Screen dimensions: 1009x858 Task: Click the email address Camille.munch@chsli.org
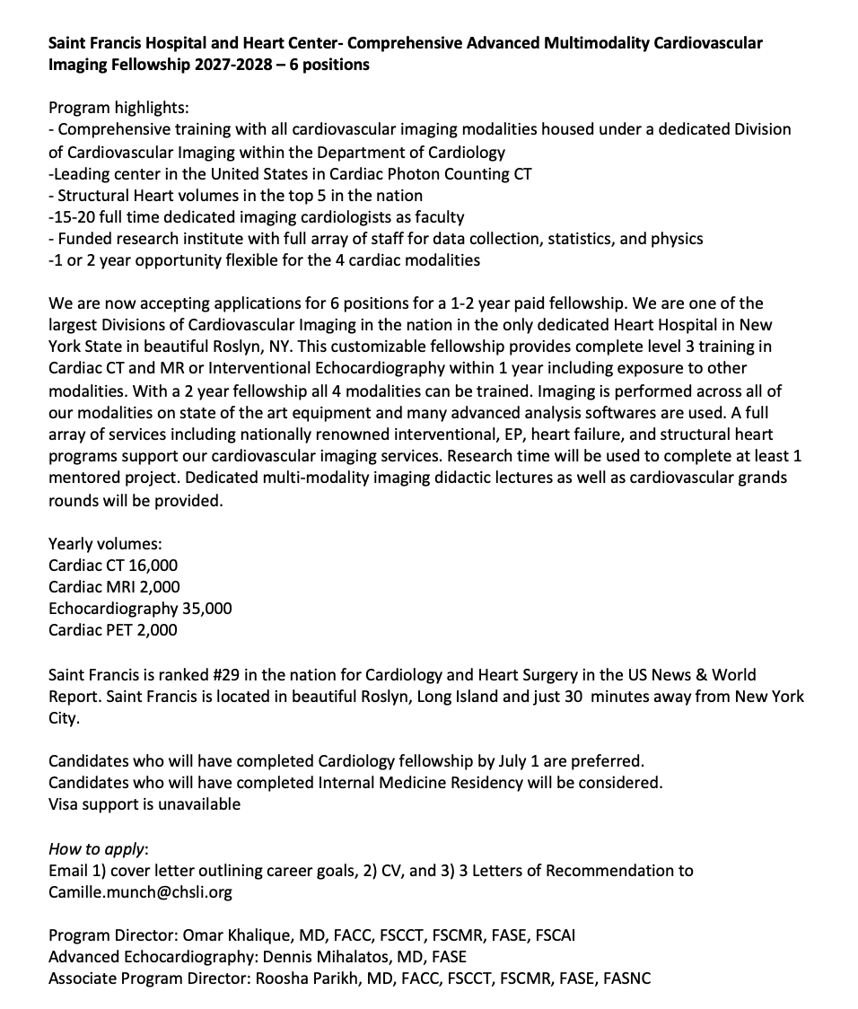(x=140, y=892)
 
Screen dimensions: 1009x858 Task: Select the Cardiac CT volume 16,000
(x=150, y=566)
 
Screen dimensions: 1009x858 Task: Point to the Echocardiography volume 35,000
(x=206, y=609)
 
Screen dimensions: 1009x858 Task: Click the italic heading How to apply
(x=97, y=849)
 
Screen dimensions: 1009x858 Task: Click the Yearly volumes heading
(x=105, y=544)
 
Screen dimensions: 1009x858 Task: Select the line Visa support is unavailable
(x=144, y=804)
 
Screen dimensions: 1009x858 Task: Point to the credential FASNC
(x=626, y=978)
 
